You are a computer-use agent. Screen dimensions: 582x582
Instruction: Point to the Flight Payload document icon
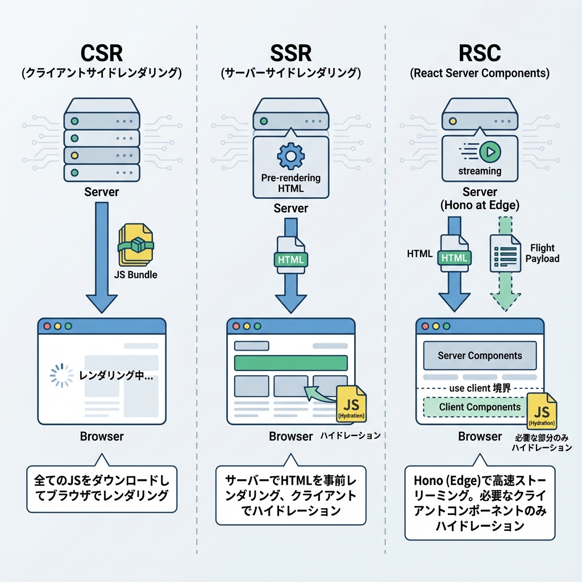click(x=505, y=252)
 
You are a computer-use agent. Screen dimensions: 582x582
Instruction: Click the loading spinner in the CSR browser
click(x=62, y=376)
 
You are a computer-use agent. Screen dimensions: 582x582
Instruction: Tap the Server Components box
click(x=480, y=356)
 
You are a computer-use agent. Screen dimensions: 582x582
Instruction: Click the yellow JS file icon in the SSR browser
click(x=351, y=403)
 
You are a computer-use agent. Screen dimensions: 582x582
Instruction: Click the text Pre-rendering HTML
click(x=290, y=183)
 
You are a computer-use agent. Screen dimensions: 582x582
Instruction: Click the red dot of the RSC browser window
click(x=426, y=327)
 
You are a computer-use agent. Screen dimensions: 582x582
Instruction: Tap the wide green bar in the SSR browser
click(x=290, y=363)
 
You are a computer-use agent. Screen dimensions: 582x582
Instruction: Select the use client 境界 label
click(x=480, y=388)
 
